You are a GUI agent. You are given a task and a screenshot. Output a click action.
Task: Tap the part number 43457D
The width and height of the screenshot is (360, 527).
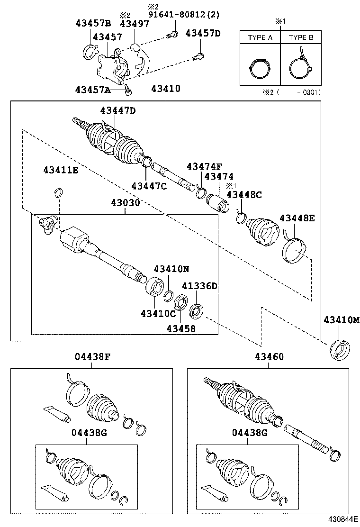203,33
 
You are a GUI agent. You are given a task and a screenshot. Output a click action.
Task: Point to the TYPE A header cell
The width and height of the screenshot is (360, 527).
260,37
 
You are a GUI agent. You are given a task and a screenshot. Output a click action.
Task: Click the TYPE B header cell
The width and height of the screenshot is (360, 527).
301,37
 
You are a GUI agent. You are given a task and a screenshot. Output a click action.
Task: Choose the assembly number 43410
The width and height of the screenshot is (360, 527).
166,89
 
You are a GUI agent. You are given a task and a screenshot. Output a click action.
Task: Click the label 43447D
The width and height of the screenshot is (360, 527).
117,110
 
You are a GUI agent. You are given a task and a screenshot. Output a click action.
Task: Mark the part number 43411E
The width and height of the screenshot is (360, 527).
61,170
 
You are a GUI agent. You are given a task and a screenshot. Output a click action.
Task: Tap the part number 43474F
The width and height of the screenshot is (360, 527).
204,166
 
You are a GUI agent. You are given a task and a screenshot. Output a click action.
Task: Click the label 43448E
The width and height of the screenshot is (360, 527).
297,218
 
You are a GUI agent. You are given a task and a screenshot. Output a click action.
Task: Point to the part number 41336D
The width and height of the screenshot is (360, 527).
200,286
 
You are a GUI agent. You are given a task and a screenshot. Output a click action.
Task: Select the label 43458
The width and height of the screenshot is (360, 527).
180,327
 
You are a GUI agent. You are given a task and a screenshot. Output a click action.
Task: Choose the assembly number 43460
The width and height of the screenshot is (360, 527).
270,357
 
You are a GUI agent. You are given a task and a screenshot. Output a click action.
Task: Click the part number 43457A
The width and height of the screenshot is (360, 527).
93,90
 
